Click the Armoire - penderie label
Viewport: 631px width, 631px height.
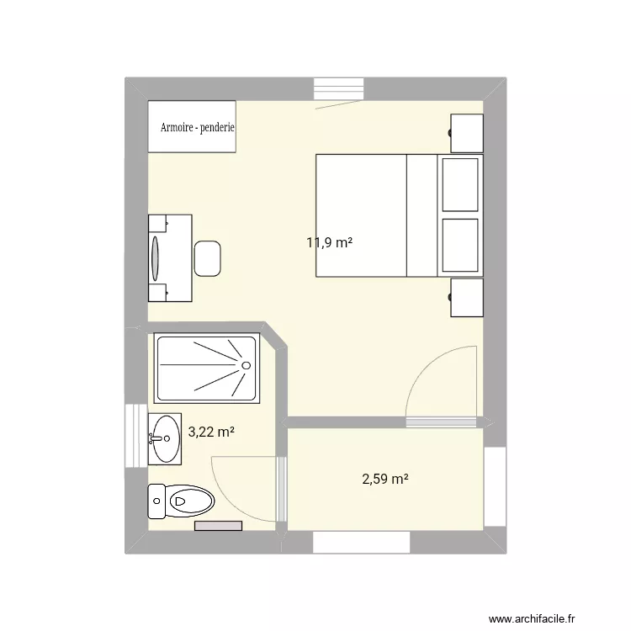pyautogui.click(x=198, y=129)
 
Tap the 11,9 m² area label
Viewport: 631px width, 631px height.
pyautogui.click(x=329, y=243)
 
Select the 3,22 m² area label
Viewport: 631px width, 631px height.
pyautogui.click(x=211, y=432)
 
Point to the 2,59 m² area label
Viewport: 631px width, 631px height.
pyautogui.click(x=385, y=480)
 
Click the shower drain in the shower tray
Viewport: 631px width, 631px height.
pyautogui.click(x=246, y=365)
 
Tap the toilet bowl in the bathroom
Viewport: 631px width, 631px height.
pyautogui.click(x=190, y=501)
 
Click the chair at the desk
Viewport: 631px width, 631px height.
pyautogui.click(x=208, y=258)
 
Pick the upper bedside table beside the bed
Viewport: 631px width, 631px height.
pyautogui.click(x=467, y=132)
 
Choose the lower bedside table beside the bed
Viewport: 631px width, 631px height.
pyautogui.click(x=467, y=298)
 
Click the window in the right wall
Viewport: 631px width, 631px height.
pyautogui.click(x=496, y=488)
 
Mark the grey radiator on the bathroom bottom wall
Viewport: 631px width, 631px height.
pyautogui.click(x=218, y=526)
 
